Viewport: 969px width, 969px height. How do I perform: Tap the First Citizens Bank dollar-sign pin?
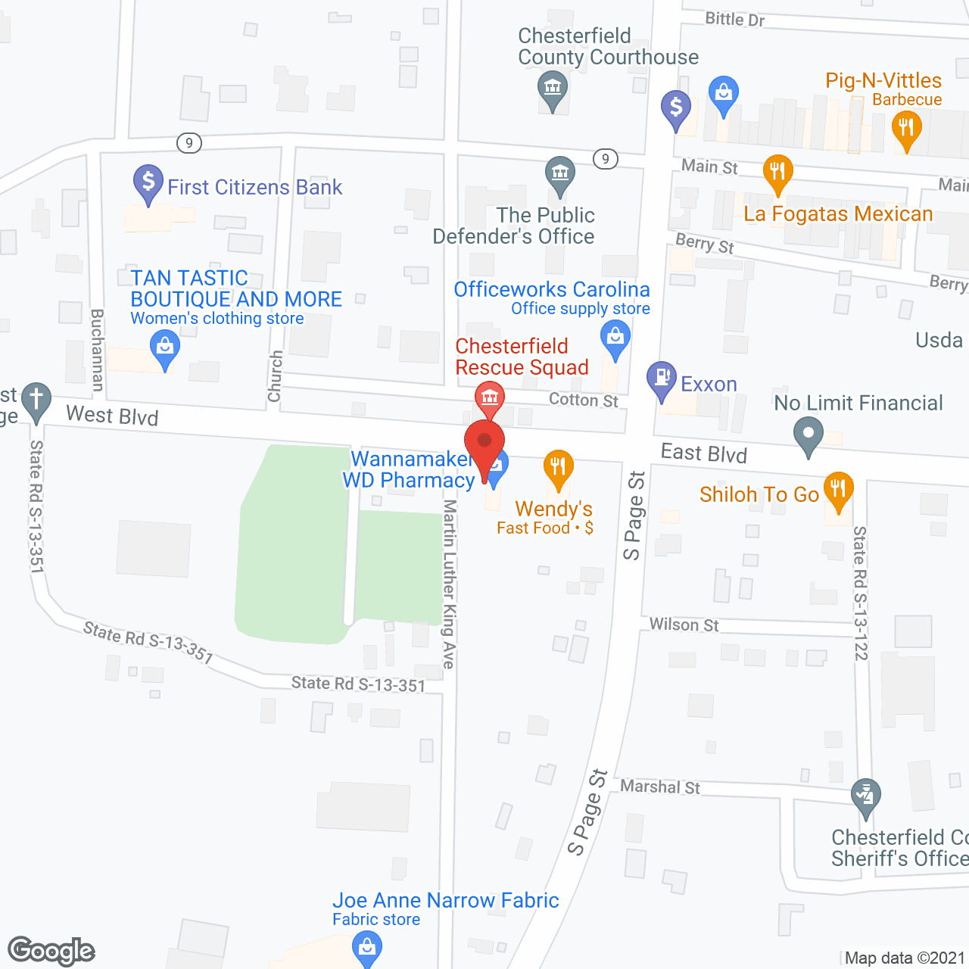point(148,182)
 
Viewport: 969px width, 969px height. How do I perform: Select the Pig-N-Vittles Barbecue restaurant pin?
point(906,129)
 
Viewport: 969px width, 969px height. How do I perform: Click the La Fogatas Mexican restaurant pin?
point(777,172)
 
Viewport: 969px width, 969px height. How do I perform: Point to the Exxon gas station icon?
point(662,379)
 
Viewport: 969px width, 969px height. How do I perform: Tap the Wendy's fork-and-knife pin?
point(558,468)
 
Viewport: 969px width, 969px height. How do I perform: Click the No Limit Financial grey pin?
point(809,435)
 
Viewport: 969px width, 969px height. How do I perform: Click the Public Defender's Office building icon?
point(560,174)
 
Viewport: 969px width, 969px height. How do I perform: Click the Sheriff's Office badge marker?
point(865,796)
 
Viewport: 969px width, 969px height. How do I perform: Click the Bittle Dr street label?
point(734,19)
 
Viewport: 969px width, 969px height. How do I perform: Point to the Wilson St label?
point(684,625)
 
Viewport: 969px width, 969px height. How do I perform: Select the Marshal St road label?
point(659,787)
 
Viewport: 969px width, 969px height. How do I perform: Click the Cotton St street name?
point(583,400)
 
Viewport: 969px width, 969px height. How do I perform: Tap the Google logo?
point(51,951)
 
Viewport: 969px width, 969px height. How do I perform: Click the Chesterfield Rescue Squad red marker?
point(489,397)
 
